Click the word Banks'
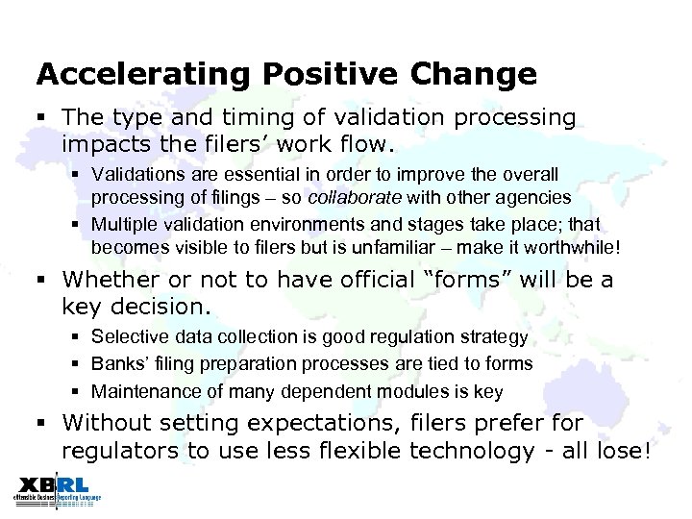[117, 363]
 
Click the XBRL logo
[57, 490]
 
